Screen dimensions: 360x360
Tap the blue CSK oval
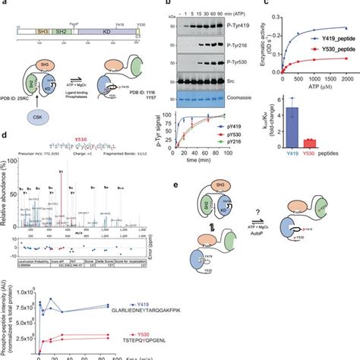37,118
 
